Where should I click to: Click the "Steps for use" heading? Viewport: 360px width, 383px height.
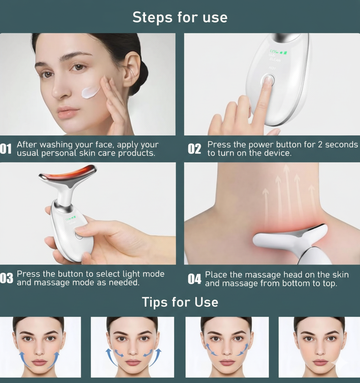coord(180,17)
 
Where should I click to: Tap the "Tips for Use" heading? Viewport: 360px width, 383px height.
coord(180,302)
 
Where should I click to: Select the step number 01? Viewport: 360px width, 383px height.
coord(6,149)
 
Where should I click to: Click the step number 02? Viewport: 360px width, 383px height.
coord(195,149)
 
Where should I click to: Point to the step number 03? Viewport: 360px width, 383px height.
coord(7,278)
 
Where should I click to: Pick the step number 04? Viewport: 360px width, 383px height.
coord(195,279)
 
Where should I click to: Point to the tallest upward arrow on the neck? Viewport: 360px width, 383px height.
coord(287,189)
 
